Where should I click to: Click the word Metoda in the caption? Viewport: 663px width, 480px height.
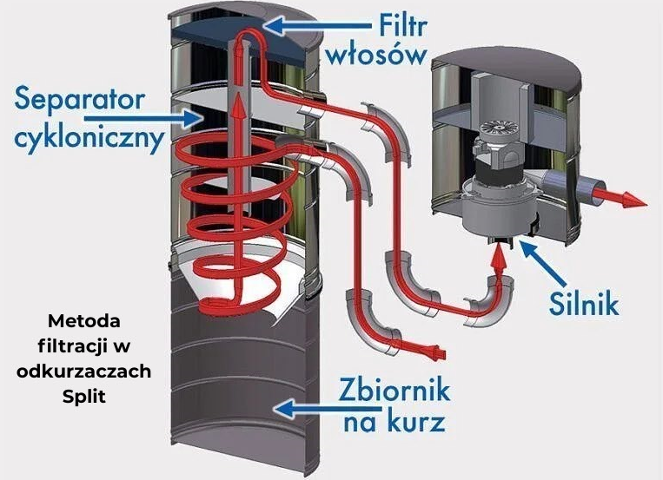pyautogui.click(x=85, y=318)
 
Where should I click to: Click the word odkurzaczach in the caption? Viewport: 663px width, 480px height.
pyautogui.click(x=85, y=371)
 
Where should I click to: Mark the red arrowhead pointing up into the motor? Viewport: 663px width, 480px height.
pyautogui.click(x=499, y=255)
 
